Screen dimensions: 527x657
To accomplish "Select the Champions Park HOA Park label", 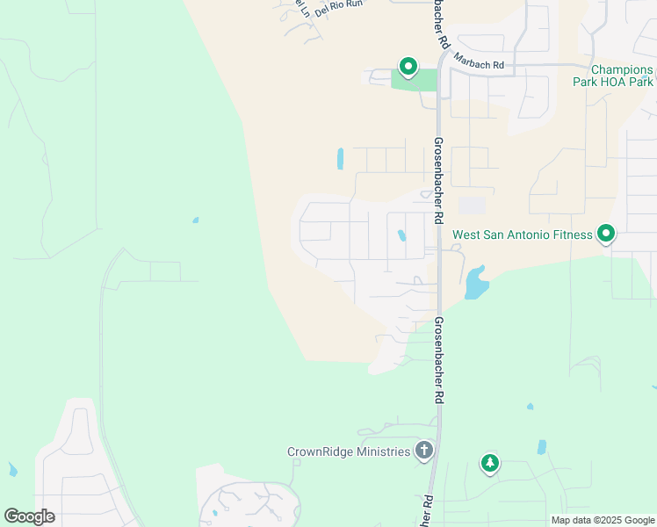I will (621, 76).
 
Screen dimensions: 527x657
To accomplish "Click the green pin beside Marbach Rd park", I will (408, 66).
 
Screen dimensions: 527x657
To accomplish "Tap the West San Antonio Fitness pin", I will (605, 235).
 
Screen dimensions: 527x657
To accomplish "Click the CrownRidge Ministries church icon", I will (424, 451).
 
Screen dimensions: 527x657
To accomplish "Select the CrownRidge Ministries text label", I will (349, 451).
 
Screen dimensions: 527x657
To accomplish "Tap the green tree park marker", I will (489, 463).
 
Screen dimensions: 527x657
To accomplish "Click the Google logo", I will (29, 516).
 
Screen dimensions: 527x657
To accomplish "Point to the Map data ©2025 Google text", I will (603, 520).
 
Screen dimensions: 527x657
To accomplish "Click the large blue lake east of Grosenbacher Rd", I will (475, 283).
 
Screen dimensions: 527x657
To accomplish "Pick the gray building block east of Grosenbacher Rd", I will (473, 205).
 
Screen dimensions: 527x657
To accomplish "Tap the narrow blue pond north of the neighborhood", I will (340, 158).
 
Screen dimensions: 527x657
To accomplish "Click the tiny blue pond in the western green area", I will (195, 220).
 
